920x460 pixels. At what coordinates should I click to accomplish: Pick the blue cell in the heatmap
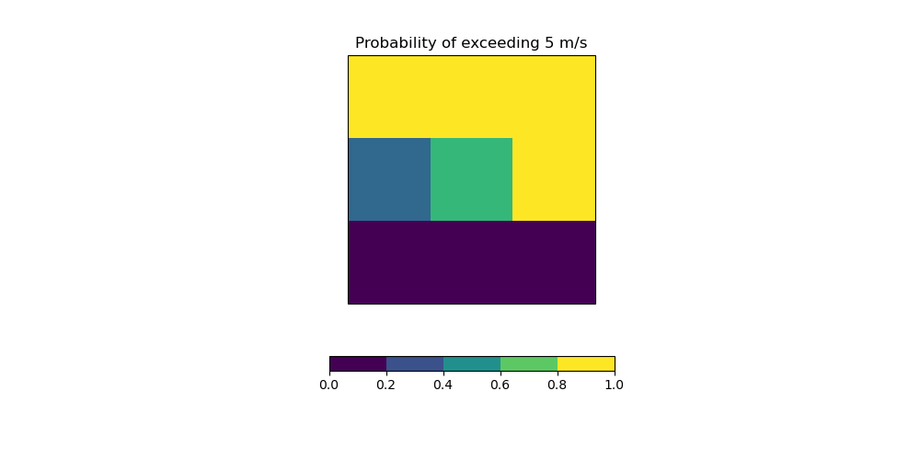coord(389,179)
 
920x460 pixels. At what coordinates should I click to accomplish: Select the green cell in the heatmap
coord(471,179)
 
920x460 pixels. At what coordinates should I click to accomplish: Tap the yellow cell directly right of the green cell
coord(554,179)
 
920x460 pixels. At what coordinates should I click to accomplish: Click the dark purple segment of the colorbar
coord(358,363)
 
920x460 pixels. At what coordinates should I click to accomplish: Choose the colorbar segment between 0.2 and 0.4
coord(415,363)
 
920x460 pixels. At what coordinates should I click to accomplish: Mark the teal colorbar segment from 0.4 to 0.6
coord(472,363)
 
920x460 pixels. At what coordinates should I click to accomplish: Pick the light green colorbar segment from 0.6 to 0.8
coord(529,363)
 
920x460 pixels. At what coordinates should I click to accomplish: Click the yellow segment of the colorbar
coord(586,363)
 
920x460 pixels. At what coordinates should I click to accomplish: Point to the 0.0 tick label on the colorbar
coord(329,385)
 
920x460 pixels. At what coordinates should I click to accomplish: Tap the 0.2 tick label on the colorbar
coord(386,385)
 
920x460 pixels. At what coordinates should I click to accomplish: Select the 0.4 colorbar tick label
coord(443,385)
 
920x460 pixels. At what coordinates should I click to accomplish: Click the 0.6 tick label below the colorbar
coord(500,385)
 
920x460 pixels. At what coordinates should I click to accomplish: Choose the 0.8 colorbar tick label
coord(558,385)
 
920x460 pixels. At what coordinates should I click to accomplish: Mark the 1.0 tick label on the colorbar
coord(615,385)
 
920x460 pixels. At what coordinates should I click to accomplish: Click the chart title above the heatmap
coord(471,43)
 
